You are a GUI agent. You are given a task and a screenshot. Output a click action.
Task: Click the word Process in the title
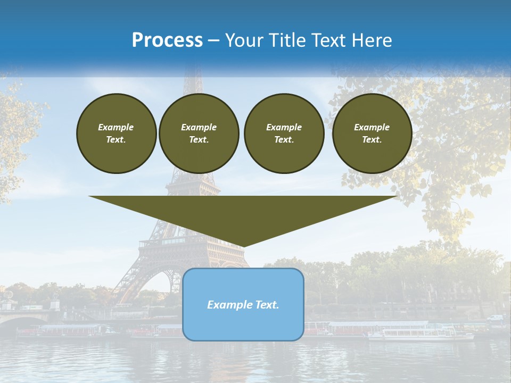click(167, 40)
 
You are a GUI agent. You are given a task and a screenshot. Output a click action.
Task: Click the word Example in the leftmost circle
click(116, 127)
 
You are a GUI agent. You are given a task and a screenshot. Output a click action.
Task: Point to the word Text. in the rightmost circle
click(372, 140)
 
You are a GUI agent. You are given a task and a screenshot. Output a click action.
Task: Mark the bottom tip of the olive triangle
click(243, 246)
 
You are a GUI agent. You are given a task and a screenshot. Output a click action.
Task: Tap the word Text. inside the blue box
click(267, 305)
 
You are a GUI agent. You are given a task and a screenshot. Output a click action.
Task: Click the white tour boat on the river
click(421, 334)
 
